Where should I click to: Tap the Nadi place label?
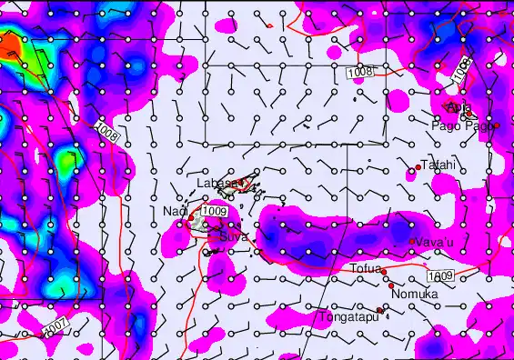coord(175,212)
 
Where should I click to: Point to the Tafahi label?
coord(438,165)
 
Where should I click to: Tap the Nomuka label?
coord(415,295)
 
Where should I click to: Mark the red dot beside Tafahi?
coord(418,167)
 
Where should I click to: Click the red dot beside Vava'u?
coord(412,241)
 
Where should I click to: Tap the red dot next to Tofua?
coord(384,272)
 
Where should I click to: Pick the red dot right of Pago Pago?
coord(496,125)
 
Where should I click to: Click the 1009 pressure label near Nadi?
coord(214,212)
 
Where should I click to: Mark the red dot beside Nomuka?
coord(391,286)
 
